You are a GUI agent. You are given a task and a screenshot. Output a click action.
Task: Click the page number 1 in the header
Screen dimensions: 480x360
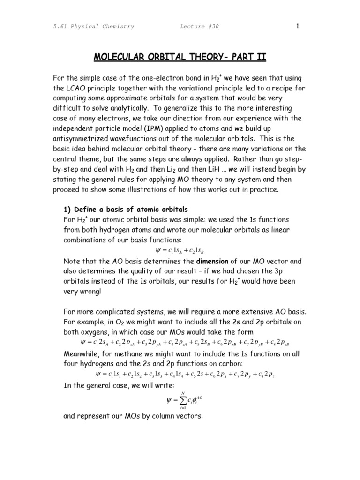pyautogui.click(x=297, y=26)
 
